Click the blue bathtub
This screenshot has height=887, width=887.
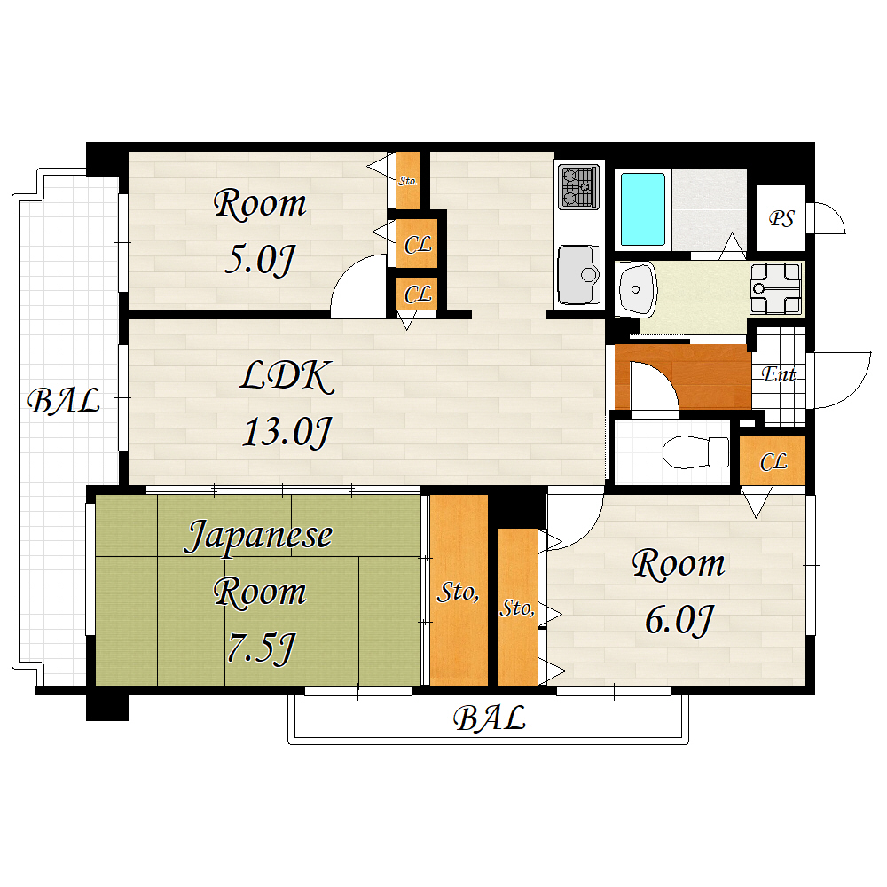pos(642,209)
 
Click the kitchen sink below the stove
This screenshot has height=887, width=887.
pos(577,275)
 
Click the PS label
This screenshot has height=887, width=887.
pos(781,218)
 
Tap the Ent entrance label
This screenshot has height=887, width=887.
pos(779,374)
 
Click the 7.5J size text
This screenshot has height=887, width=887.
pos(259,650)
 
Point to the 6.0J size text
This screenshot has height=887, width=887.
pos(679,620)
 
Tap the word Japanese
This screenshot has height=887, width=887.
pos(258,537)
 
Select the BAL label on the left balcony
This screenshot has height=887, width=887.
pos(64,402)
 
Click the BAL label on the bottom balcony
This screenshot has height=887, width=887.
pos(490,718)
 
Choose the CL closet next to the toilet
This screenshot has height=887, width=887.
pos(773,462)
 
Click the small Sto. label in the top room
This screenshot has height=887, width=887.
pos(408,180)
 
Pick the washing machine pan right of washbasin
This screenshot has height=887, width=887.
pos(776,288)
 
